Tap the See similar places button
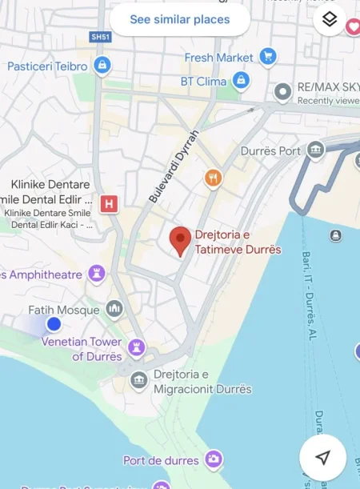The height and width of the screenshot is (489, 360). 180,19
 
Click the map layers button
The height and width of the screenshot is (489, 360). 330,20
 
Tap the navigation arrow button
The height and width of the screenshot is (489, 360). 322,457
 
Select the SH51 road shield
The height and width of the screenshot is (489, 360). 100,37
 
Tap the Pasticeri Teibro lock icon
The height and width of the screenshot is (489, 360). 102,66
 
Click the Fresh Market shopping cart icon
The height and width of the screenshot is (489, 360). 268,57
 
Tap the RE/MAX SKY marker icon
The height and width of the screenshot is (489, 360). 282,92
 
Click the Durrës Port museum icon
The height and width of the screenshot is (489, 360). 316,150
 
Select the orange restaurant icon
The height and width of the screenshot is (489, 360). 213,178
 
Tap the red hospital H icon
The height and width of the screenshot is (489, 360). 110,204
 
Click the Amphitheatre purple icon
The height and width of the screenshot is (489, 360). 97,275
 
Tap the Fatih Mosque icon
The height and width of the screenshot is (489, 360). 114,309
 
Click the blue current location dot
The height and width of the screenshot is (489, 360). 54,324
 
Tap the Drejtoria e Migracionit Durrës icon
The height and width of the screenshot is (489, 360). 138,379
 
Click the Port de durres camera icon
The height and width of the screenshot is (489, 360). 213,459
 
